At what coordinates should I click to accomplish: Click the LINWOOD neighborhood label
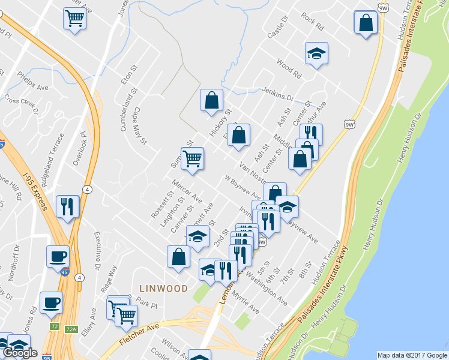pyautogui.click(x=163, y=289)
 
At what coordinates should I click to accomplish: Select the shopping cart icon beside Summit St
pyautogui.click(x=192, y=159)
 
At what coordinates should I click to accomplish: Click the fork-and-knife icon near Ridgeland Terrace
pyautogui.click(x=67, y=206)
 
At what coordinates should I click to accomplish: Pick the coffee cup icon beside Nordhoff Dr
pyautogui.click(x=58, y=256)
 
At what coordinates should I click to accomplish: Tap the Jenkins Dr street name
pyautogui.click(x=277, y=93)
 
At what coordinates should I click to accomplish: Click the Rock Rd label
pyautogui.click(x=313, y=22)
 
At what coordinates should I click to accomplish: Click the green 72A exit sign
pyautogui.click(x=71, y=329)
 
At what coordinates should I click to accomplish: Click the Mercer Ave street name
pyautogui.click(x=187, y=190)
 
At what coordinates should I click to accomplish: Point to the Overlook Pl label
pyautogui.click(x=80, y=149)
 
